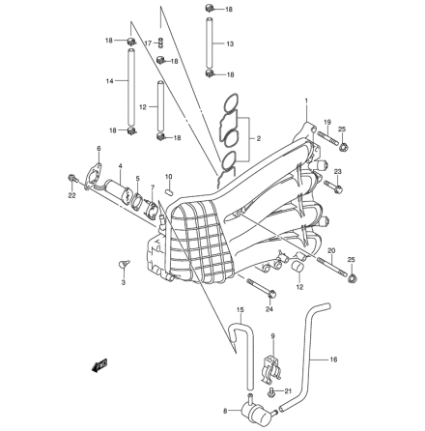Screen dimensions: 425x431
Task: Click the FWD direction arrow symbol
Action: point(99,365)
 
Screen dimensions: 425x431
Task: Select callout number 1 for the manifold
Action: point(306,101)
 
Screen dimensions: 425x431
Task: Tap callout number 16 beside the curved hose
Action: point(333,359)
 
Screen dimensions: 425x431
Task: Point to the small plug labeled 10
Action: point(169,191)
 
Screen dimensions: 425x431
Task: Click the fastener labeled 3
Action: point(123,264)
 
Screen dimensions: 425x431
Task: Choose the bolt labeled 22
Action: point(71,178)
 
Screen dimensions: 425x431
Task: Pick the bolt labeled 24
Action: point(262,288)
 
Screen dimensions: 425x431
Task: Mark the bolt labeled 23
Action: point(333,186)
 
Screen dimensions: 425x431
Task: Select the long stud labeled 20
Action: point(332,267)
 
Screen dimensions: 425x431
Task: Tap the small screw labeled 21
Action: point(270,392)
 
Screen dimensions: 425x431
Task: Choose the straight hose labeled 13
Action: point(210,44)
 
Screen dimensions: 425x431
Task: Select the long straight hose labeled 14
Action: point(130,87)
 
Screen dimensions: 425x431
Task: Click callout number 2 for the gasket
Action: point(259,139)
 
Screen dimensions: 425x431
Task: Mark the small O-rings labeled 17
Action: point(161,43)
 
